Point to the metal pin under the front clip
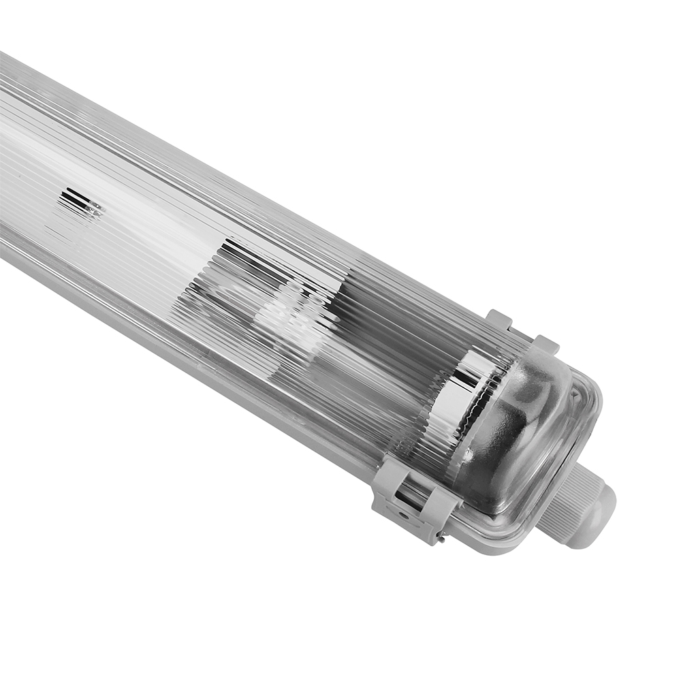click(x=441, y=538)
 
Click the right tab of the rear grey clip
click(x=545, y=344)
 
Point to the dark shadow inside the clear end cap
click(x=518, y=436)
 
